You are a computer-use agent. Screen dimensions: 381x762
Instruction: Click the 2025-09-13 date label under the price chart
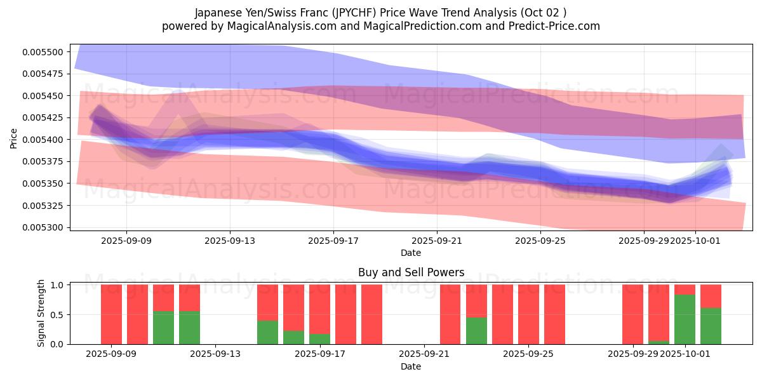point(230,241)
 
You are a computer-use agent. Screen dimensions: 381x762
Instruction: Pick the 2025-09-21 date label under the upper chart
point(437,241)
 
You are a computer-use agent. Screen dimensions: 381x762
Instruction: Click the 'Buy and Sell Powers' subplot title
point(411,272)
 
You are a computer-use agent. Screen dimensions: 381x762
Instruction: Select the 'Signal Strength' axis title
point(41,312)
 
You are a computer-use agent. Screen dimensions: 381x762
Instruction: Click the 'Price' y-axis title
point(14,138)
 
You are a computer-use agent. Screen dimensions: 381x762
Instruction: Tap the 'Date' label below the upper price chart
point(411,253)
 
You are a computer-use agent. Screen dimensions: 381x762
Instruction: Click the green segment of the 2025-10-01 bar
point(685,319)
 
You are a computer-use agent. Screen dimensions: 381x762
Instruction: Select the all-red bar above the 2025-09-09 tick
point(111,314)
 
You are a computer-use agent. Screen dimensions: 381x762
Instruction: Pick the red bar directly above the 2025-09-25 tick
point(528,314)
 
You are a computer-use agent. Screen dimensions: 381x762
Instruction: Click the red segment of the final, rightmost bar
point(711,296)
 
